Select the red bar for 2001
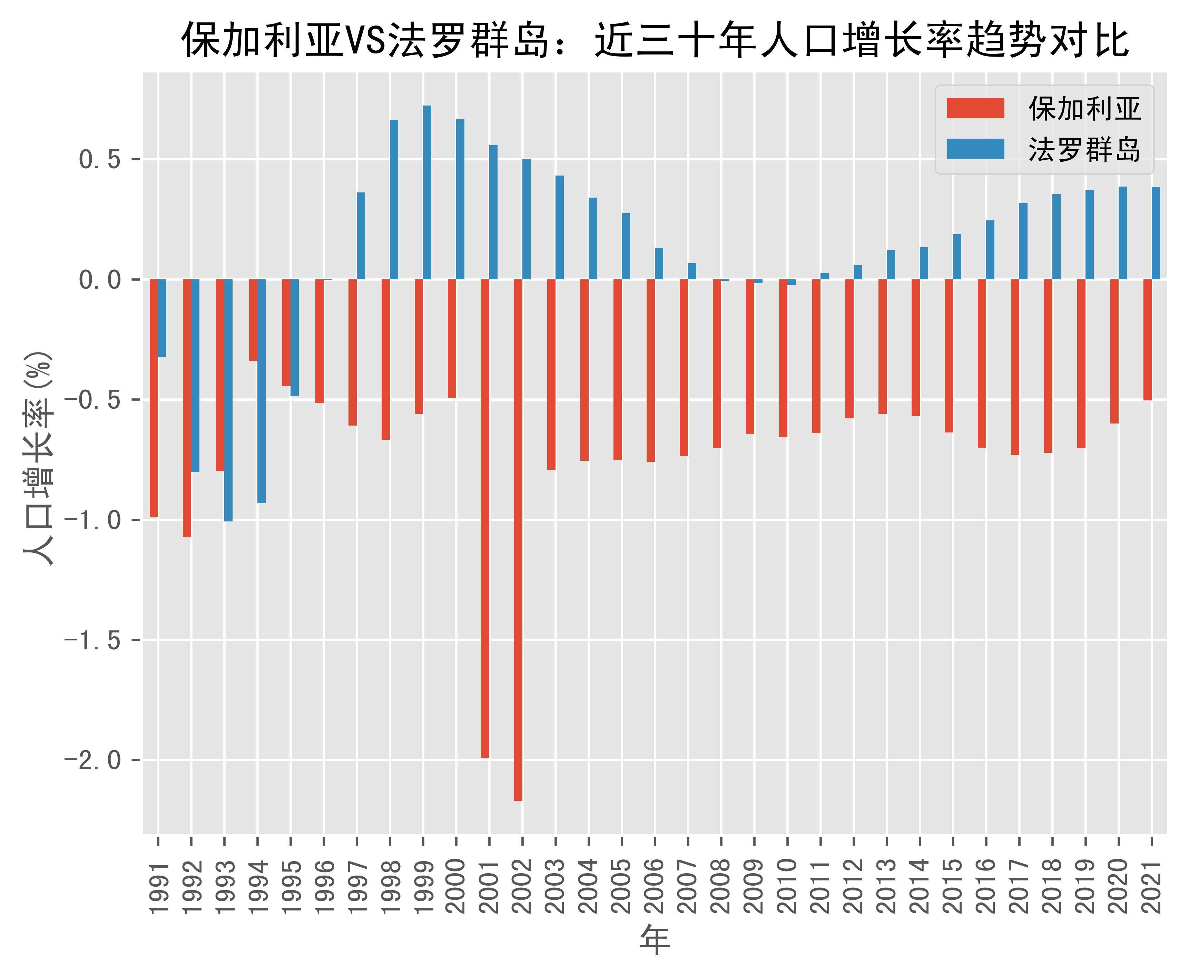click(x=485, y=518)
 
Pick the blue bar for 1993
click(x=228, y=400)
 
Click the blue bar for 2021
click(x=1156, y=233)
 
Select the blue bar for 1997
click(x=361, y=236)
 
